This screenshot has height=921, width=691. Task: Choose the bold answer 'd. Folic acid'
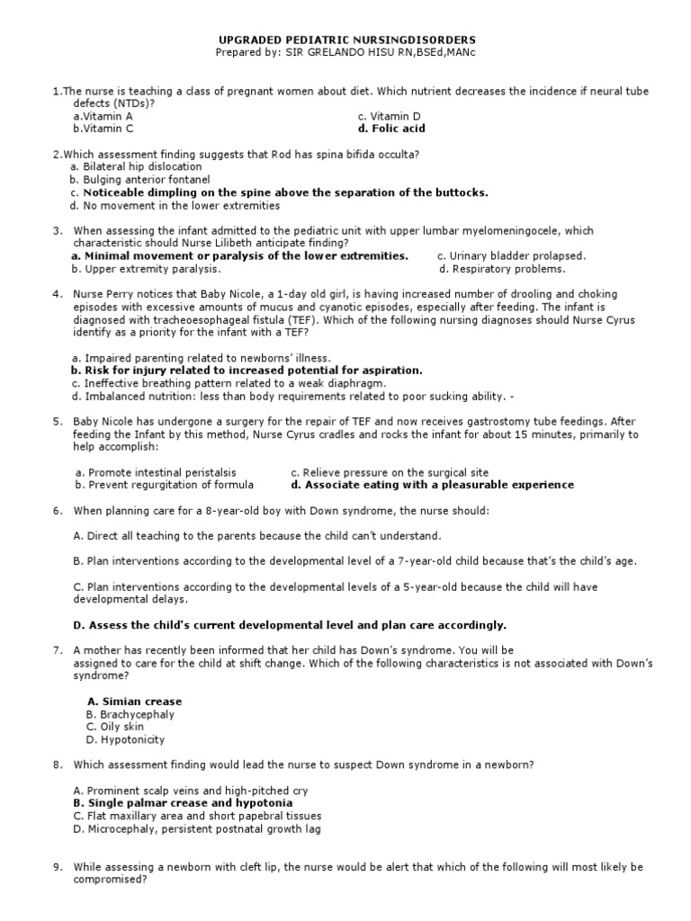[390, 129]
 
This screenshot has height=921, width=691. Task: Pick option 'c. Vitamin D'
[389, 116]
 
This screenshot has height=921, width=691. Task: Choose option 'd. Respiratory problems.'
[502, 268]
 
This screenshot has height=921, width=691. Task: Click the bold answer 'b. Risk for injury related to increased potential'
[233, 370]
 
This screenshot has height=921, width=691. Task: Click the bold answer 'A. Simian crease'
[134, 702]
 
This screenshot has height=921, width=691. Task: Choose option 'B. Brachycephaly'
[130, 714]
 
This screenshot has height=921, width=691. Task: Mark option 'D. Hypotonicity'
[125, 739]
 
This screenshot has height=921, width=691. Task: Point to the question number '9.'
[57, 867]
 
